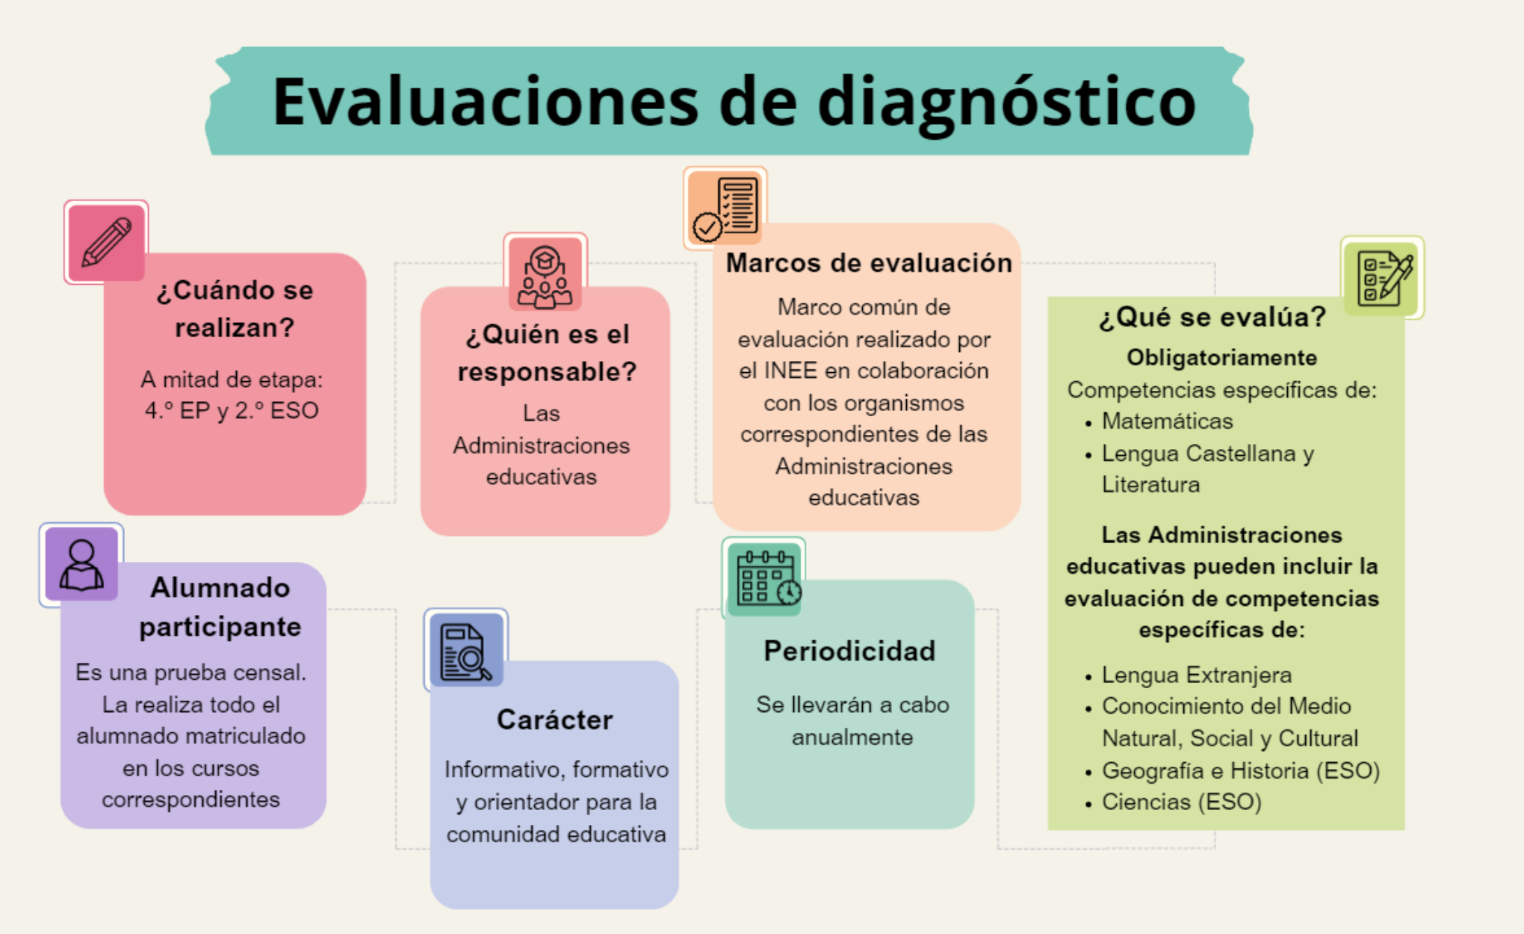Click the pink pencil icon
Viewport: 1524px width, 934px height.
106,242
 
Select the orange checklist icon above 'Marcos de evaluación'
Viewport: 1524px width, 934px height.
725,208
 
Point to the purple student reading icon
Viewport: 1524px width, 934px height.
81,565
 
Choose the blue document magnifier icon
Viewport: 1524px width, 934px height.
466,650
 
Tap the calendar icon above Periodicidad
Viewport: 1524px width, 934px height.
764,578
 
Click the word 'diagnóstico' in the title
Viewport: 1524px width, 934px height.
1006,102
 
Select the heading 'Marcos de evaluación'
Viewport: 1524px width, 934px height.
869,263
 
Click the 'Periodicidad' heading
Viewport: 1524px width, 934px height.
849,651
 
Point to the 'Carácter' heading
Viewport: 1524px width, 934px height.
555,720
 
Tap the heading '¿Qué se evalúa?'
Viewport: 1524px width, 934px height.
1212,318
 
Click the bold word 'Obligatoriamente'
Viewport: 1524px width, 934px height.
1221,358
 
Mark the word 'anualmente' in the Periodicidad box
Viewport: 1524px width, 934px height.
852,737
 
